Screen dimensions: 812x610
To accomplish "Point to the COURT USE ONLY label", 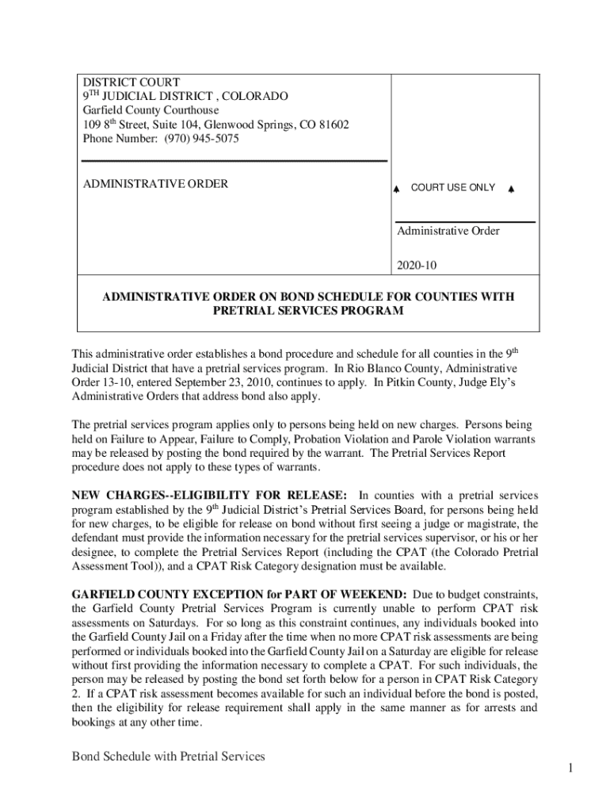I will pyautogui.click(x=453, y=188).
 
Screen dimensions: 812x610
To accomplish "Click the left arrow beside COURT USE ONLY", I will pyautogui.click(x=396, y=190).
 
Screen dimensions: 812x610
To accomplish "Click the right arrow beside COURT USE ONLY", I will pyautogui.click(x=511, y=190).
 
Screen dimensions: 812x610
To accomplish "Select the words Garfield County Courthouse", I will pyautogui.click(x=146, y=110).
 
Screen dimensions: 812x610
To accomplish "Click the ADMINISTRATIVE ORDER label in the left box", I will pyautogui.click(x=155, y=184).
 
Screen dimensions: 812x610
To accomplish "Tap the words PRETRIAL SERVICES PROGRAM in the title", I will pyautogui.click(x=308, y=311).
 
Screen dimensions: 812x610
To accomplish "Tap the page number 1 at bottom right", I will pyautogui.click(x=570, y=768).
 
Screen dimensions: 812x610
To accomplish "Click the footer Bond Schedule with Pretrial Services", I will pyautogui.click(x=168, y=756).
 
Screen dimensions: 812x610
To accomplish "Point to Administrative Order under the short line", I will pyautogui.click(x=448, y=232).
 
